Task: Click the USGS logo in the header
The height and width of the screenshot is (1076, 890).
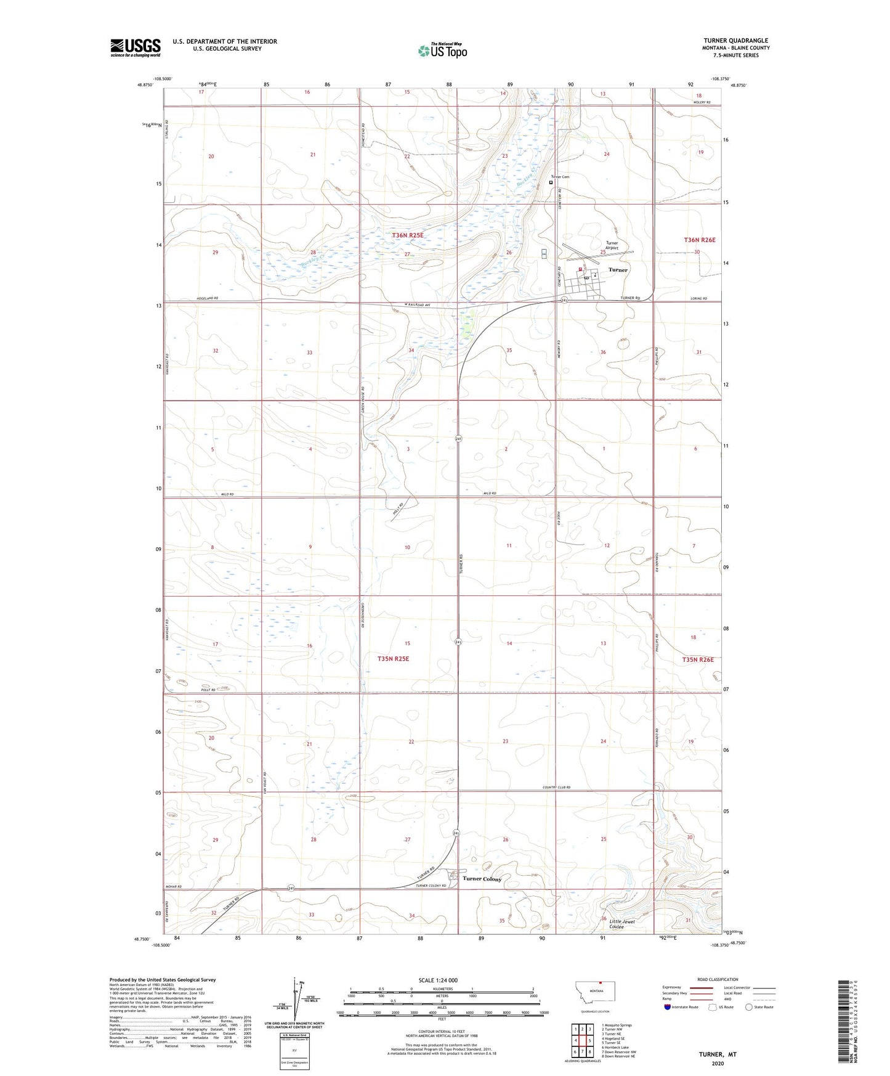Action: [x=135, y=47]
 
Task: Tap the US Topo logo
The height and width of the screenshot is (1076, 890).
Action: [x=442, y=51]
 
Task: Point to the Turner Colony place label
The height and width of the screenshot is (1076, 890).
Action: [x=482, y=879]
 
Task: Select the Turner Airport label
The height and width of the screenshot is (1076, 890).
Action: [x=612, y=245]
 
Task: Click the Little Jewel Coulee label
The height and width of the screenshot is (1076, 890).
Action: [x=624, y=924]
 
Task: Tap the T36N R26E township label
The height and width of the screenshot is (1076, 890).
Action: [x=700, y=239]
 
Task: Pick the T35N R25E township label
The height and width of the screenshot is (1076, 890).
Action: [x=393, y=659]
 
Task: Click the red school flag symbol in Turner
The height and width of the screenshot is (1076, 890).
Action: [x=580, y=269]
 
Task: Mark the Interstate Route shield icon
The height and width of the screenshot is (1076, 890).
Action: [x=668, y=1007]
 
